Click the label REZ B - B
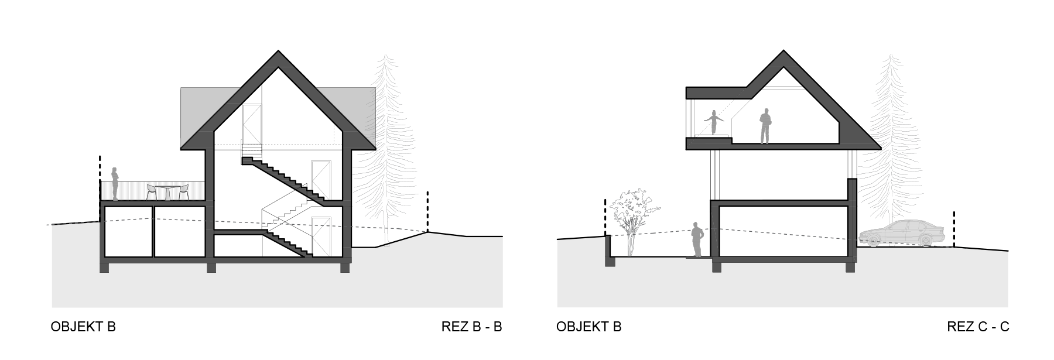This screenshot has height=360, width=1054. [x=471, y=327]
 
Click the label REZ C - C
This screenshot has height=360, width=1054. [x=977, y=327]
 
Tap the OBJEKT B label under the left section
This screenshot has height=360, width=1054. [x=83, y=327]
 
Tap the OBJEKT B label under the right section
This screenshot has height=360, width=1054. [x=588, y=327]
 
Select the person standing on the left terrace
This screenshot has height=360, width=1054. [x=116, y=183]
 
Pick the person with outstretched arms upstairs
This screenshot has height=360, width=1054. [x=714, y=123]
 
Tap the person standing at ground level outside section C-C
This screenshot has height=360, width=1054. [x=697, y=239]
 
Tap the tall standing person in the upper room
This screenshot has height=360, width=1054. [x=765, y=126]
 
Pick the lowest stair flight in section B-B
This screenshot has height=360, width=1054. [x=287, y=242]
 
